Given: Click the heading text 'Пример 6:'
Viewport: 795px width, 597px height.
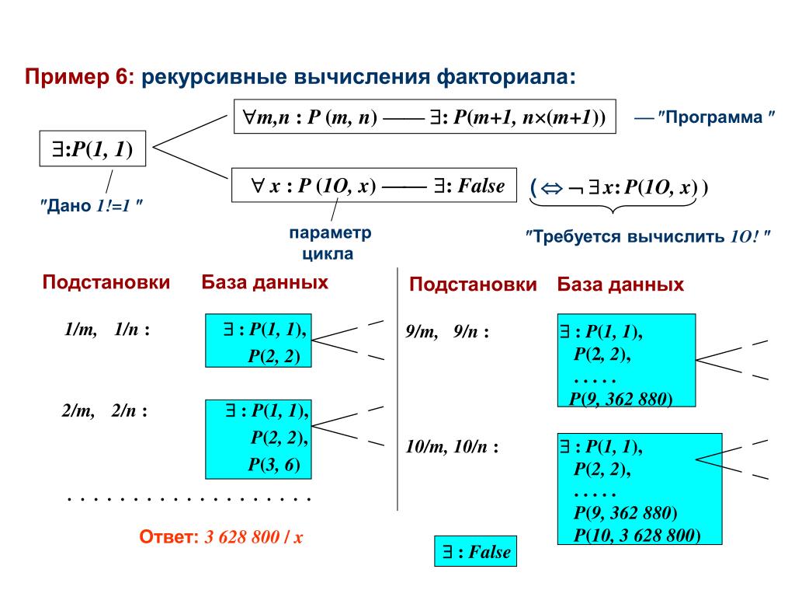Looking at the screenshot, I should point(80,78).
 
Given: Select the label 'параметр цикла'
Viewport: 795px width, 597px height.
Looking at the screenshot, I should point(330,243).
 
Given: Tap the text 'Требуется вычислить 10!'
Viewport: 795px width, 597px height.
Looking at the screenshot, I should point(648,236).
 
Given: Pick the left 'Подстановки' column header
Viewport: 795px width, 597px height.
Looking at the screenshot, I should point(106,282).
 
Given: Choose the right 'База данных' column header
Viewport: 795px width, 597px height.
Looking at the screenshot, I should point(620,285).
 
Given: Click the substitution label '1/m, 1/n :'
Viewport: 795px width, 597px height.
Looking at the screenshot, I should point(106,330).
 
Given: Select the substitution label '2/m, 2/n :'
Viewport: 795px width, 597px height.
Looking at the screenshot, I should point(105,411).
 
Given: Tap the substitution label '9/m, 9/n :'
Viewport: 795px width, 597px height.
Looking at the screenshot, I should point(447,332).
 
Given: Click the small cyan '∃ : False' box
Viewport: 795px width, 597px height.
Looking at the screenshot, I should point(476,553).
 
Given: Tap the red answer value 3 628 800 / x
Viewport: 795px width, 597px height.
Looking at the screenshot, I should point(253,537).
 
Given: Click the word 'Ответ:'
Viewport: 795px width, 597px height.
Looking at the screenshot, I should point(168,537).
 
